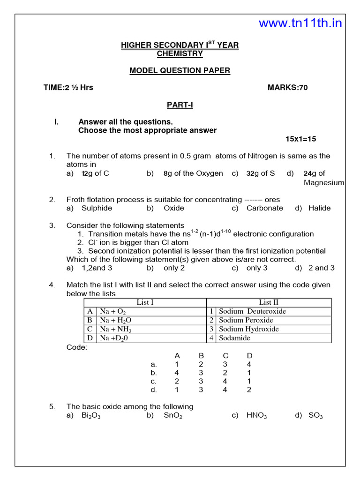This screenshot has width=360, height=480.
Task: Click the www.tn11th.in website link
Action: click(300, 23)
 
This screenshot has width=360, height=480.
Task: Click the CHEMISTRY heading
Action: click(180, 53)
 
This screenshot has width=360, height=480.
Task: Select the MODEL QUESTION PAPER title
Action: click(180, 71)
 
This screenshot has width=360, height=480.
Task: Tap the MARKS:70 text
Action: click(287, 88)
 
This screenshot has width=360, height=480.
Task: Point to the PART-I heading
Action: click(180, 105)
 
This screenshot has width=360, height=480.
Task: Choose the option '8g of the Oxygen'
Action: click(193, 173)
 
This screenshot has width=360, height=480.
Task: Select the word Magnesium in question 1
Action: click(324, 183)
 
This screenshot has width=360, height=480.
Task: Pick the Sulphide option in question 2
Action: click(97, 208)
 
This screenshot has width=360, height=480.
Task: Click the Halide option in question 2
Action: click(319, 208)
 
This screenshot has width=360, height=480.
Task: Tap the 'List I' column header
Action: click(145, 302)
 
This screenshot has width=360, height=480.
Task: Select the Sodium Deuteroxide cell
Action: click(252, 311)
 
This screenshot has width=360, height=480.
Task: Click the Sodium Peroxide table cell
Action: click(246, 320)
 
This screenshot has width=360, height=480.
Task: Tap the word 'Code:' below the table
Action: click(76, 347)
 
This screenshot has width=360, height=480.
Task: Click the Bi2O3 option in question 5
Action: click(91, 416)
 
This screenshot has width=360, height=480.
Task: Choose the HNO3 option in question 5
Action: click(256, 416)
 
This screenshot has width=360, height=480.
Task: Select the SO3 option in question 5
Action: click(315, 416)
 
